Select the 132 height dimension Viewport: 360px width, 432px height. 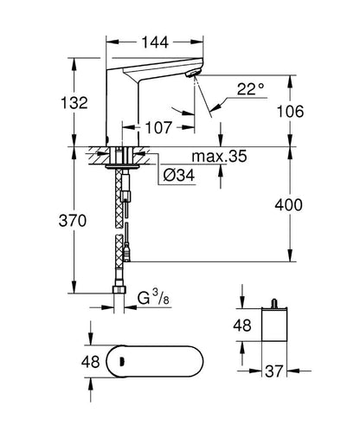(x=76, y=102)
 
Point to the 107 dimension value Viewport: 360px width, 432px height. (x=158, y=126)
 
